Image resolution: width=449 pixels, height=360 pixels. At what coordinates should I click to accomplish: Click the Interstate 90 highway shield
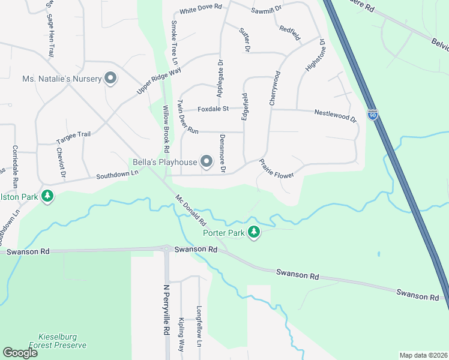pos(373,114)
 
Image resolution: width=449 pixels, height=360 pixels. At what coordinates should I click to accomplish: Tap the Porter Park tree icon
pos(254,232)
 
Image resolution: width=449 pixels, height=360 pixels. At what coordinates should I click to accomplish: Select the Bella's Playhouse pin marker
pos(206,161)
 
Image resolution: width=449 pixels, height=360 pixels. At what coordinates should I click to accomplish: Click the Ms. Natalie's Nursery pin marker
pos(110,78)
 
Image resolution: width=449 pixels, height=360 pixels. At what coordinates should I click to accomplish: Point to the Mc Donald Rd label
pos(191,209)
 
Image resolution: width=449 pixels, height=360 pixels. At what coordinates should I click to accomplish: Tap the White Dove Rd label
pos(200,10)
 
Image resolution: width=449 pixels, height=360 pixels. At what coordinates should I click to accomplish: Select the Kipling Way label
pos(181,335)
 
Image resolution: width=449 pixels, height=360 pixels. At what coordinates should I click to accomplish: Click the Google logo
pos(20,353)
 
